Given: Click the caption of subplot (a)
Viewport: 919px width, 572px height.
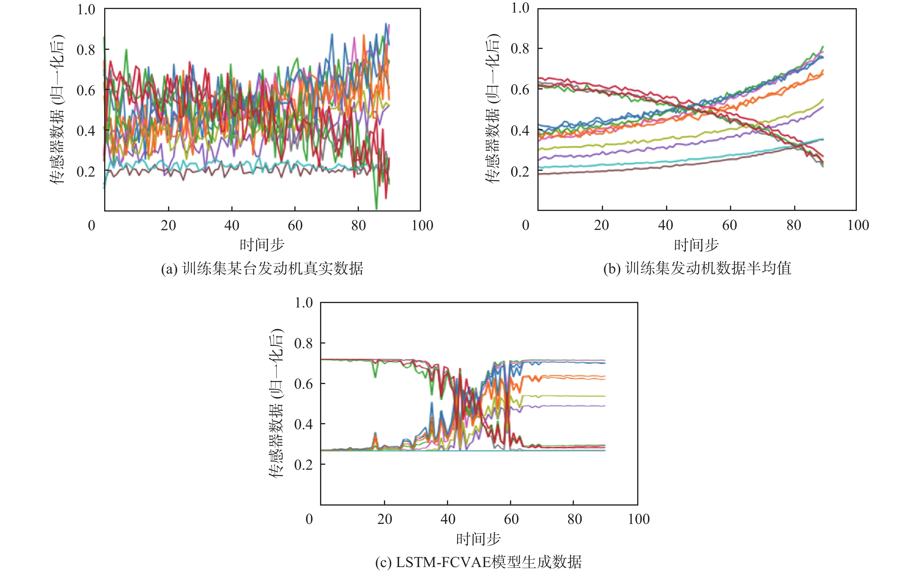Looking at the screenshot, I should (x=262, y=269).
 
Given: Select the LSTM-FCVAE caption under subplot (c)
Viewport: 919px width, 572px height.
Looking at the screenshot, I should (x=478, y=563).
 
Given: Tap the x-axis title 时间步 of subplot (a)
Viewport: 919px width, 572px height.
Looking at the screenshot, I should (x=262, y=245).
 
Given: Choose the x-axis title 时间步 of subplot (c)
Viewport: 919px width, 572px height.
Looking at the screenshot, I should (x=478, y=539).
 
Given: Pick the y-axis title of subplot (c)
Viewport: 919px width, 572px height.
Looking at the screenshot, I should (x=276, y=403).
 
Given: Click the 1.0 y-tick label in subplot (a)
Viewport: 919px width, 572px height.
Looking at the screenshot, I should (x=86, y=9).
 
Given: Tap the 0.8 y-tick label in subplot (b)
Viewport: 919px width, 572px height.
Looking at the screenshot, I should (x=520, y=48).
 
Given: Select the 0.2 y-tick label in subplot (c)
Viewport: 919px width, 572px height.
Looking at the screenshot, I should (x=304, y=464).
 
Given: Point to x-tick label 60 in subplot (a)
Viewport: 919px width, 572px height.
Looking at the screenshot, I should (x=295, y=226).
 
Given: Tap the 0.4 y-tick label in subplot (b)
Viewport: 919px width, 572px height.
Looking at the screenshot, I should (x=520, y=131).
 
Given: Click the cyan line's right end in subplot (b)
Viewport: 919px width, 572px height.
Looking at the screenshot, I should (x=822, y=139).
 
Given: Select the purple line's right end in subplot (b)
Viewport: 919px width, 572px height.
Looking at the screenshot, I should (x=822, y=107).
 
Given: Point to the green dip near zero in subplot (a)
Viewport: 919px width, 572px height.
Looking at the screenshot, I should (x=376, y=207).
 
